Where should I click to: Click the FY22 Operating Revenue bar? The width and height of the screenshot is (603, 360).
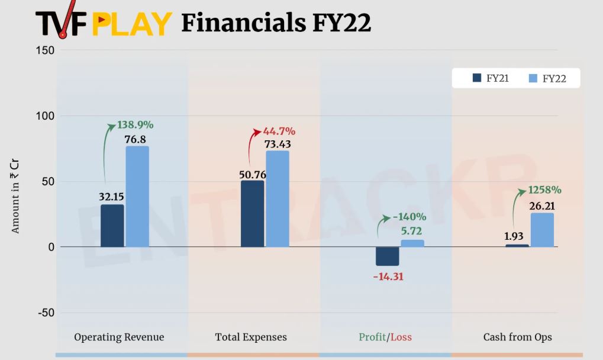137,196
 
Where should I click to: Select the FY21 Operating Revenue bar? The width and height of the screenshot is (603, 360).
112,226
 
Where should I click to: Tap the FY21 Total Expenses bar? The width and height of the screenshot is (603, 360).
253,214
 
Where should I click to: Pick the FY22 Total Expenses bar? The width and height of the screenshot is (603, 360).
278,198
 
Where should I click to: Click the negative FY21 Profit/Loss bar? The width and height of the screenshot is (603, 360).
388,256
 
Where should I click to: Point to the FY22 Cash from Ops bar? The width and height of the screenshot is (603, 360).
542,230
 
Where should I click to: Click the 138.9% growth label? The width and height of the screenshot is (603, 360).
136,125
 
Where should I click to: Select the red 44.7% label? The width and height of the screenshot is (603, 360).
279,131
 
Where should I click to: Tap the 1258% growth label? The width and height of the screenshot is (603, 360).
544,190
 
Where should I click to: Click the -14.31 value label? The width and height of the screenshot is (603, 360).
388,276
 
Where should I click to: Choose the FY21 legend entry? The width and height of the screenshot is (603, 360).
491,78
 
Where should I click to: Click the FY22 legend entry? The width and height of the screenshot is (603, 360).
548,78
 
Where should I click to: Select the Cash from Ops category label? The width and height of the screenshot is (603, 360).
517,337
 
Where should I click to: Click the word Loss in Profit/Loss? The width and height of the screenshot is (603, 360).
401,337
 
